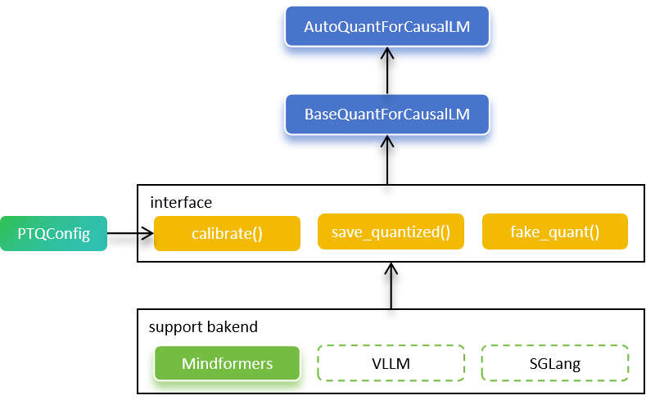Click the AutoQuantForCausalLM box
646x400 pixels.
387,27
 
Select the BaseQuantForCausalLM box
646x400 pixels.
387,115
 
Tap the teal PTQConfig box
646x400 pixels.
53,234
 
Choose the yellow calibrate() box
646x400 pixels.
227,234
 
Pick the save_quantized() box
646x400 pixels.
391,231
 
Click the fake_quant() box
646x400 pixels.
555,231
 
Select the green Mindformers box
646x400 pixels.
227,363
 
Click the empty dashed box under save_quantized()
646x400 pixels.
391,363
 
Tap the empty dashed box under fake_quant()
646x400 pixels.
555,363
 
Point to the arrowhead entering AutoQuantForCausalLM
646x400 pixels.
387,56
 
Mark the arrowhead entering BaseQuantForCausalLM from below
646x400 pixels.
387,144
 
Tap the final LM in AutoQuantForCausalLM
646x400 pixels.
462,27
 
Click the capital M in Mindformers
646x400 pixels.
188,363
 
